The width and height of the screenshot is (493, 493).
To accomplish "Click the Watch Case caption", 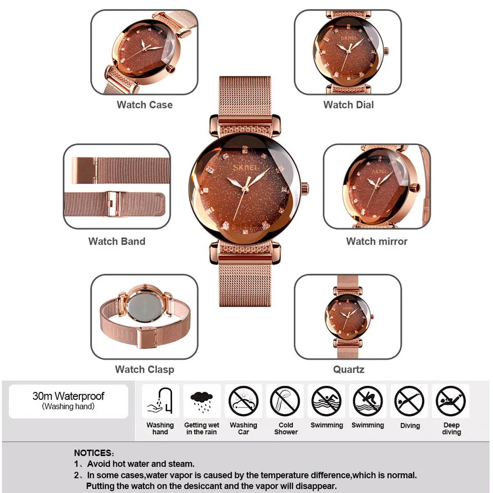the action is pyautogui.click(x=145, y=105).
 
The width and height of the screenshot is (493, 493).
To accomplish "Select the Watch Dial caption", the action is pyautogui.click(x=348, y=105).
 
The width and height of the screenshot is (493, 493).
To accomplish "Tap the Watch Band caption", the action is pyautogui.click(x=117, y=241).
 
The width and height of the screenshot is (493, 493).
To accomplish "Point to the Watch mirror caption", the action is pyautogui.click(x=377, y=241).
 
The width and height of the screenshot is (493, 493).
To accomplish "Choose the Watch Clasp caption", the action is pyautogui.click(x=145, y=369).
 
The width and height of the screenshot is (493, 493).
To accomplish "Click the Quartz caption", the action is pyautogui.click(x=348, y=370).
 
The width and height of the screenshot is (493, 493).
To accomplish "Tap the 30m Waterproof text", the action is pyautogui.click(x=68, y=396).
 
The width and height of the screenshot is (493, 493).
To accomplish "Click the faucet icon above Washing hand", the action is pyautogui.click(x=160, y=401).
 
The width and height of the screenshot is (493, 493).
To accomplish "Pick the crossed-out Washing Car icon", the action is pyautogui.click(x=243, y=401).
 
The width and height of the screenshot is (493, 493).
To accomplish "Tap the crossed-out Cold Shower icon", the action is pyautogui.click(x=285, y=401).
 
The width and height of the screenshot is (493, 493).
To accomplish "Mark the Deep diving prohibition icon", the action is pyautogui.click(x=451, y=401).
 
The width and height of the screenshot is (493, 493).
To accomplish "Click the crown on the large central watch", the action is pyautogui.click(x=305, y=189).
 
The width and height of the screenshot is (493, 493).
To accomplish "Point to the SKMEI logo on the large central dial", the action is pyautogui.click(x=245, y=168).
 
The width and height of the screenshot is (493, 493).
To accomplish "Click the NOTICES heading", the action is pyautogui.click(x=94, y=453).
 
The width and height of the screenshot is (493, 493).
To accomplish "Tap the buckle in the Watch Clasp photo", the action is pyautogui.click(x=147, y=337).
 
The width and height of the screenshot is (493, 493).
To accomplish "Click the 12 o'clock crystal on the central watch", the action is pyautogui.click(x=245, y=149).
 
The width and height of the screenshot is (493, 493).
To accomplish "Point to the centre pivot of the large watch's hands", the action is pyautogui.click(x=245, y=189).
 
